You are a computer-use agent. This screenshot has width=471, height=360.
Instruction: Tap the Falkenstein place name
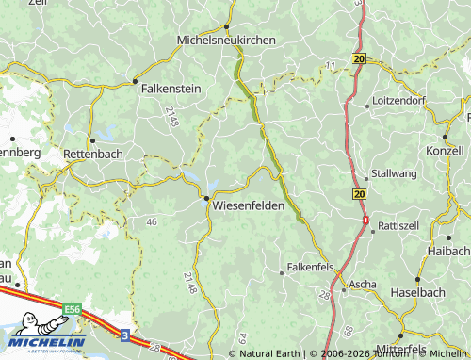171,88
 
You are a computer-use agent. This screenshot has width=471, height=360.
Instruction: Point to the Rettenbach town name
93,154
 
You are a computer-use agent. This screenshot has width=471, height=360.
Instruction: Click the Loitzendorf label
399,100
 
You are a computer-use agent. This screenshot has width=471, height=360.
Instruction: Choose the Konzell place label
446,151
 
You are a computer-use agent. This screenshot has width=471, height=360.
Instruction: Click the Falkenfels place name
311,268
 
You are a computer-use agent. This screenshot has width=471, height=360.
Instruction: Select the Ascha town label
363,284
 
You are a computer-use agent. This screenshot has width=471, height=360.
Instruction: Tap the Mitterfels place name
426,348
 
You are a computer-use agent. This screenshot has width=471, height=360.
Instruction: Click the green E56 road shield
73,308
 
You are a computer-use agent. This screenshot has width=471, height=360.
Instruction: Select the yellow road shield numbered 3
124,334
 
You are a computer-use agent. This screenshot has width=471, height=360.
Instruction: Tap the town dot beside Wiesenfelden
206,198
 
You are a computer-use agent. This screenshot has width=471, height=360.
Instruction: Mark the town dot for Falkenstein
135,81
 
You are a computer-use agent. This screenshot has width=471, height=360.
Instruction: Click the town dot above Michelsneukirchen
227,26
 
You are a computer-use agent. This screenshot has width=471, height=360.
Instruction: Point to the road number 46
152,221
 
